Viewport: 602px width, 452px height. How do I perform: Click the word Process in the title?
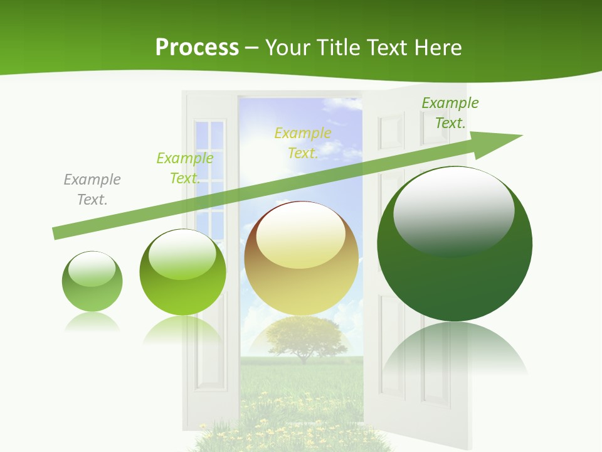pyautogui.click(x=197, y=48)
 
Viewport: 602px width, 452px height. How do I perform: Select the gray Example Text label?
pyautogui.click(x=92, y=189)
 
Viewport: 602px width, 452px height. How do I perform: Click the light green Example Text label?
pyautogui.click(x=184, y=168)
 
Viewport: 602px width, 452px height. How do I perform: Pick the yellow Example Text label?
pyautogui.click(x=303, y=143)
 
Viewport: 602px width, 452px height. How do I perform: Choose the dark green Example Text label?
pyautogui.click(x=450, y=113)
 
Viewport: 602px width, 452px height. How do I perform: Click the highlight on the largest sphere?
pyautogui.click(x=453, y=211)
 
